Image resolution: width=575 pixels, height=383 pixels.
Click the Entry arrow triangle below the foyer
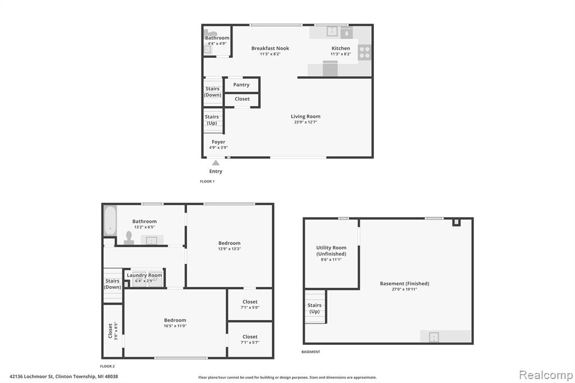coord(216,162)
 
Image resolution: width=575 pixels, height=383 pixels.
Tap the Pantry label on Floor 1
coord(241,85)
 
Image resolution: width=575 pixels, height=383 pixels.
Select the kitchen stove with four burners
coord(365,52)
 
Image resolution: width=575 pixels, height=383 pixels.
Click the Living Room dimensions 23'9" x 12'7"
coord(305,122)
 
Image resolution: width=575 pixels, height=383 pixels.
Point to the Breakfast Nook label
coord(270,48)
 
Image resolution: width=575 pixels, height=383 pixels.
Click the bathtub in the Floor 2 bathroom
coord(110,221)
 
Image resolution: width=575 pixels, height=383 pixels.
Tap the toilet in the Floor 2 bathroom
coord(129,238)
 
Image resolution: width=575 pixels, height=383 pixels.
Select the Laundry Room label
coord(144,275)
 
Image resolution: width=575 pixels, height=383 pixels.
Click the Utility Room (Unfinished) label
coord(331,250)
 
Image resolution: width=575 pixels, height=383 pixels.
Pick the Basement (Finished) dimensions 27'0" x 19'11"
coord(404,289)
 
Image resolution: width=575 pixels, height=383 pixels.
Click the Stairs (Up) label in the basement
coord(314,308)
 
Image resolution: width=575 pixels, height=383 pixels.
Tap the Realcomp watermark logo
coord(546,375)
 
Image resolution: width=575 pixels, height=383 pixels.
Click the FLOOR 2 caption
coord(107,366)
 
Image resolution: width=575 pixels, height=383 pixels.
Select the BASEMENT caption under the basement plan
coord(311,352)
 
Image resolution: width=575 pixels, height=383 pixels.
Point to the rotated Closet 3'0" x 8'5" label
coord(112,331)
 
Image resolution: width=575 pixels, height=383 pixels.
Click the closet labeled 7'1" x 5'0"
coord(250,304)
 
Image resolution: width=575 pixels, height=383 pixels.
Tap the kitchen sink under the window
coord(331,31)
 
